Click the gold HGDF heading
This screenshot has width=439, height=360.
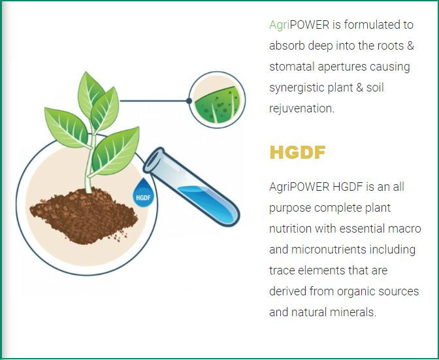297,152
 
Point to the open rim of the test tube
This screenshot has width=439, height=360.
154,160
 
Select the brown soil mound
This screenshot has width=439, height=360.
84,216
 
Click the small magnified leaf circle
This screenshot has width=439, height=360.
217,100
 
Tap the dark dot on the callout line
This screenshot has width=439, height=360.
189,101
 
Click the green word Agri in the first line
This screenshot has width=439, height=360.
279,25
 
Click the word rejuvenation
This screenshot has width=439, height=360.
302,109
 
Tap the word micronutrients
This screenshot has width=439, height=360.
329,249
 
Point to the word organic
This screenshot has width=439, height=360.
355,291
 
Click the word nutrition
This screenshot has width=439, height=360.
290,229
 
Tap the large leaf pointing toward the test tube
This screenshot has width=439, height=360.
115,151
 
